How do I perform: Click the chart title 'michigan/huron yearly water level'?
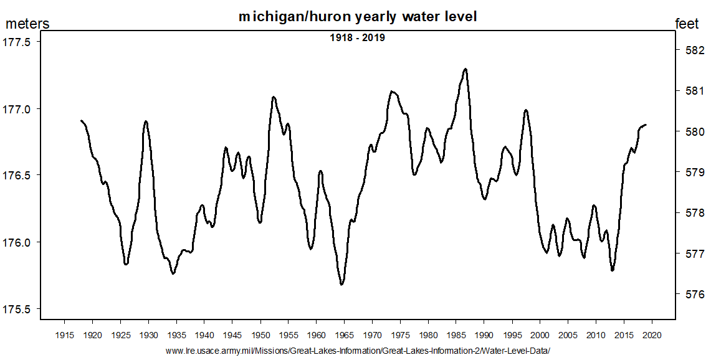tap(358, 17)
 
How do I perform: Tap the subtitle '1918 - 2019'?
tap(357, 38)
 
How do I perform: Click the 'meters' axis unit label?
tap(27, 24)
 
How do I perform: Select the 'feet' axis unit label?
tap(687, 24)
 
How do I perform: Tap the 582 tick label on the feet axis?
tap(688, 50)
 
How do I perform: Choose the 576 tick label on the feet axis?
tap(688, 294)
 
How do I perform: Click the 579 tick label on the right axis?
tap(688, 172)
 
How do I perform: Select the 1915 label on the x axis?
tap(64, 335)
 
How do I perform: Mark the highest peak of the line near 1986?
tap(465, 69)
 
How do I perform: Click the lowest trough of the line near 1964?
tap(341, 285)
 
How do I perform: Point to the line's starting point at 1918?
tap(81, 120)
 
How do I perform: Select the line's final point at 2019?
tap(646, 125)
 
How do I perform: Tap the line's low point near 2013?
tap(613, 270)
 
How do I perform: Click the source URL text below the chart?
tap(358, 351)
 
